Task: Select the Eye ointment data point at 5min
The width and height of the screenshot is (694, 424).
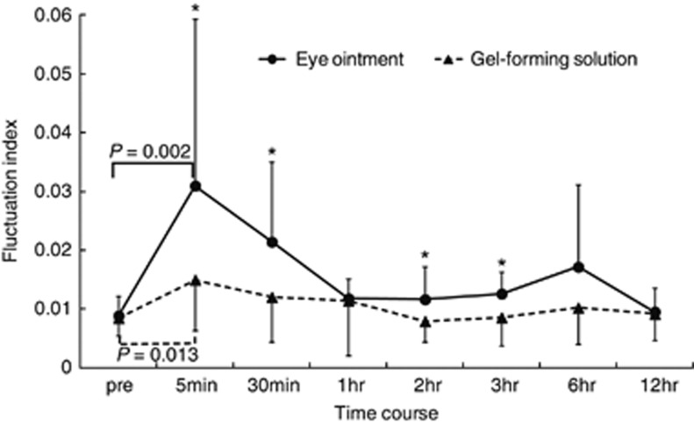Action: [195, 185]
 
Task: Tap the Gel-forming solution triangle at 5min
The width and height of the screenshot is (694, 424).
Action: [195, 280]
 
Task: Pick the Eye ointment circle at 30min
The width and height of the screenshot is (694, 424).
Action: [272, 241]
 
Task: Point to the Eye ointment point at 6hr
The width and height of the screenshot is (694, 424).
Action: [577, 266]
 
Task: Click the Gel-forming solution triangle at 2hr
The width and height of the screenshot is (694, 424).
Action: [425, 321]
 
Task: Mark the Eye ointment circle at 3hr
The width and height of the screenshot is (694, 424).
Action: [501, 293]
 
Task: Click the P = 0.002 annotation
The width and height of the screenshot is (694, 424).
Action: [151, 147]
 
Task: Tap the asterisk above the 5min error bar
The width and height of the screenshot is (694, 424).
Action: [195, 9]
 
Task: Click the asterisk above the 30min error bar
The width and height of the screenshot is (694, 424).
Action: [272, 152]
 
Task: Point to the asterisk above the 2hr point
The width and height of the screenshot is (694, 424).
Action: [425, 256]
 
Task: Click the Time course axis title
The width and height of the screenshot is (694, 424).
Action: [386, 410]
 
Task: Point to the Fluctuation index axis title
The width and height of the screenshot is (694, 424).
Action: [12, 190]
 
